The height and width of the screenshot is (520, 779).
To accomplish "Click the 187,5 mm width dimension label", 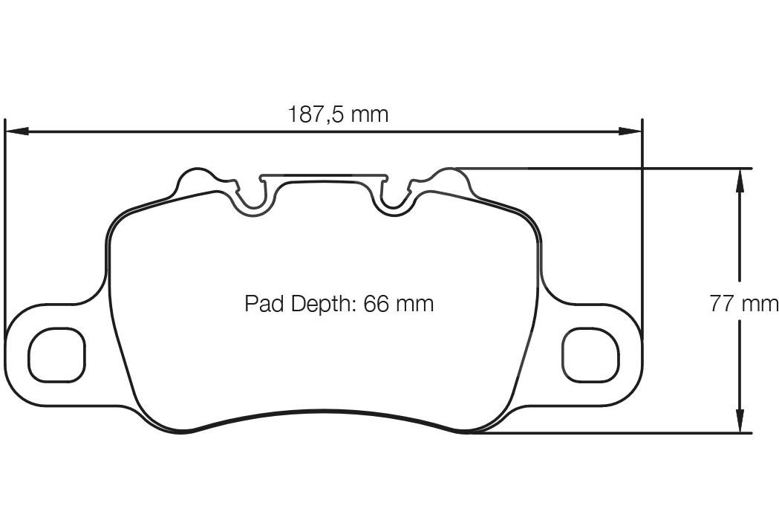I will click(x=338, y=114).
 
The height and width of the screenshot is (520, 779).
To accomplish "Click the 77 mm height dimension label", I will click(x=743, y=304).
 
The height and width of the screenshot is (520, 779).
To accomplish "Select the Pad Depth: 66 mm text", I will click(x=339, y=304).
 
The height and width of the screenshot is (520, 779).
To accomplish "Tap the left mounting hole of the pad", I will click(x=57, y=354).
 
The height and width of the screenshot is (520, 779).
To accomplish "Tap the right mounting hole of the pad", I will click(x=590, y=354).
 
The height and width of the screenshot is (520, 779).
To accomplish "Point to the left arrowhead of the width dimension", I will click(x=16, y=131).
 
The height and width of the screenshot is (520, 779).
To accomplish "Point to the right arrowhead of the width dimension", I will click(x=631, y=131).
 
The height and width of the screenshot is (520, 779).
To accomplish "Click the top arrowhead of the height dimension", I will click(x=740, y=179).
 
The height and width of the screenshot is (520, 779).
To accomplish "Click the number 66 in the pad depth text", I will click(x=377, y=304).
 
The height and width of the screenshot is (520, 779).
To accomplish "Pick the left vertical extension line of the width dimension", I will click(x=5, y=223).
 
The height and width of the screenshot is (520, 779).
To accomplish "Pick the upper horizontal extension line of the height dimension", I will click(x=609, y=168).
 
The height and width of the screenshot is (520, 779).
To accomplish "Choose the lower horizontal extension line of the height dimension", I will click(x=609, y=432).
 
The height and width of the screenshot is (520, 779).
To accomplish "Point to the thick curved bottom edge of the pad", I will click(x=324, y=412).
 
